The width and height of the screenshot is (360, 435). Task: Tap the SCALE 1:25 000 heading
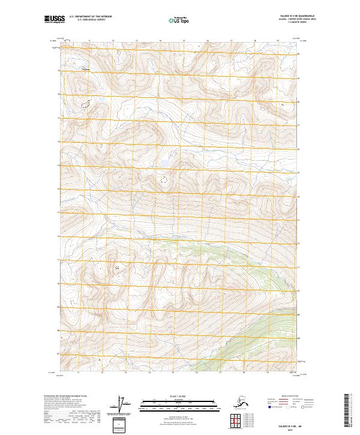178,395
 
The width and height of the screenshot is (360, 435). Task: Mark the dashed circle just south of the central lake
163,178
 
